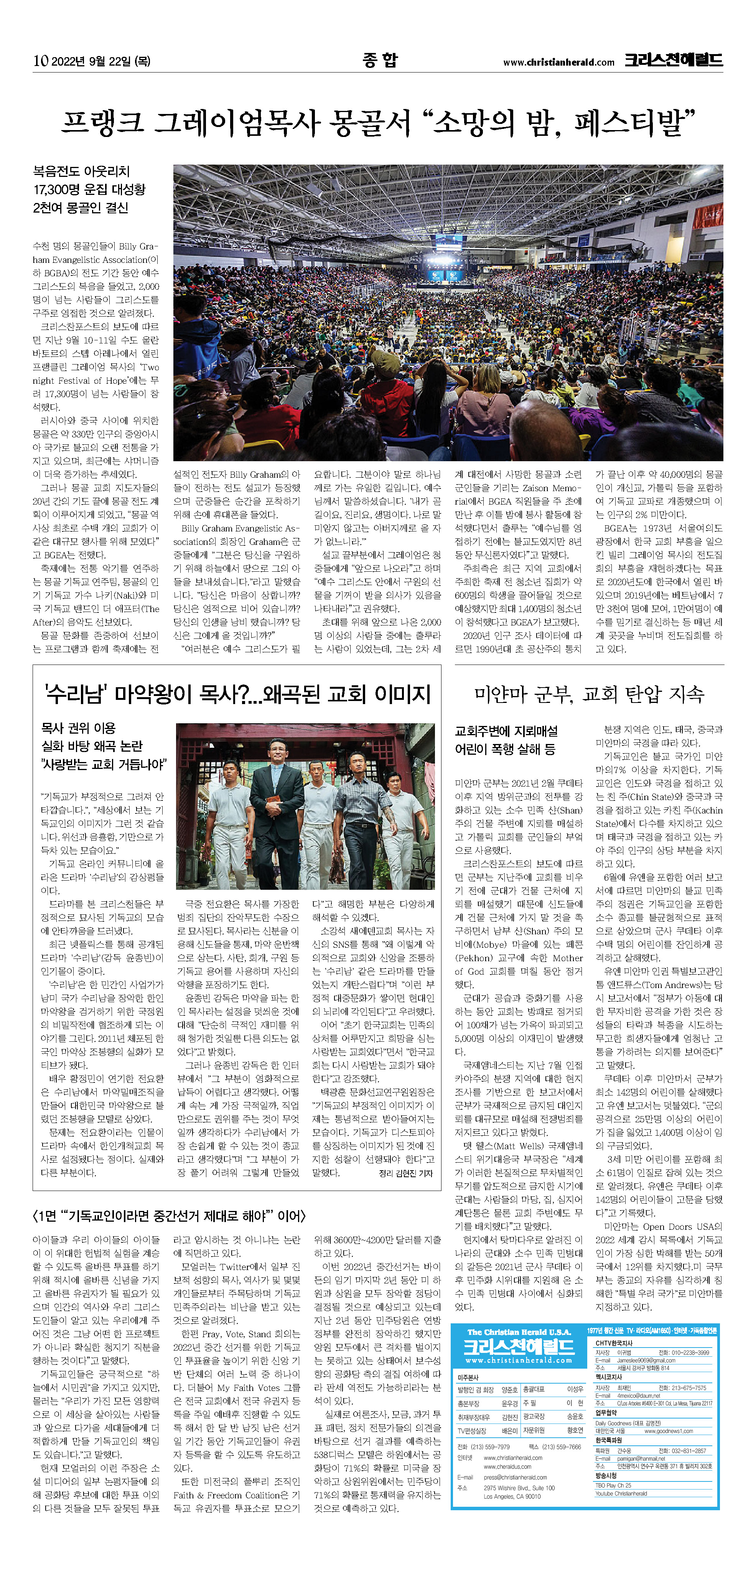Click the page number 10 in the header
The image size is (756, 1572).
pos(40,60)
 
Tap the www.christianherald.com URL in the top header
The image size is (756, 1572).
pos(558,62)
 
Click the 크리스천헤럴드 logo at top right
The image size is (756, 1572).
pos(673,60)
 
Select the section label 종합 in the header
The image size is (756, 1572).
pos(379,60)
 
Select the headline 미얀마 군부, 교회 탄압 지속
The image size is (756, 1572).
pos(589,694)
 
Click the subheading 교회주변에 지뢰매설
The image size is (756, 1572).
pos(506,731)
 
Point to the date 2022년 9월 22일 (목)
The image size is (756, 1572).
pos(100,61)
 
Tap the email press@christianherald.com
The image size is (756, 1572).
pos(515,1477)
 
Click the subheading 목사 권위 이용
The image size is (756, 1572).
pos(78,728)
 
